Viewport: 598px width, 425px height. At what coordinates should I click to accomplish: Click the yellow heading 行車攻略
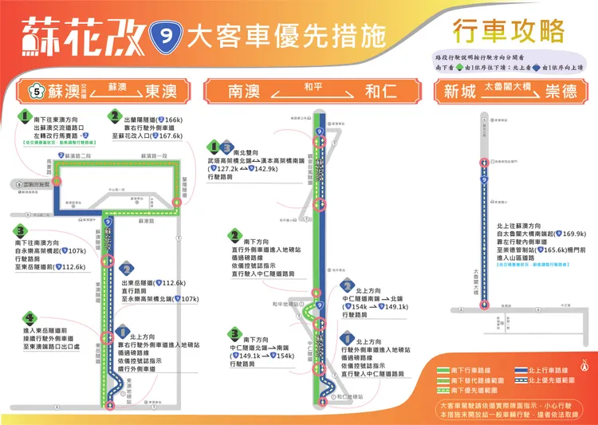click(495, 31)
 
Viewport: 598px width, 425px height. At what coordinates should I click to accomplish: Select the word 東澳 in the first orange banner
click(161, 92)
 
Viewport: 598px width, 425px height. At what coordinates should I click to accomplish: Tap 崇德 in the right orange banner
click(563, 92)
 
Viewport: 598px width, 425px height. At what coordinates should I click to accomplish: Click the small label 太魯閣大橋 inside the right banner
click(511, 85)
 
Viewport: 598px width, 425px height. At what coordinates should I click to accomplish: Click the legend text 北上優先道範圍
click(556, 380)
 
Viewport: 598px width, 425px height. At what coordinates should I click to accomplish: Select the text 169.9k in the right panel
click(573, 234)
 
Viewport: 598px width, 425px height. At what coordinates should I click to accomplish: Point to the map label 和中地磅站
click(286, 304)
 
